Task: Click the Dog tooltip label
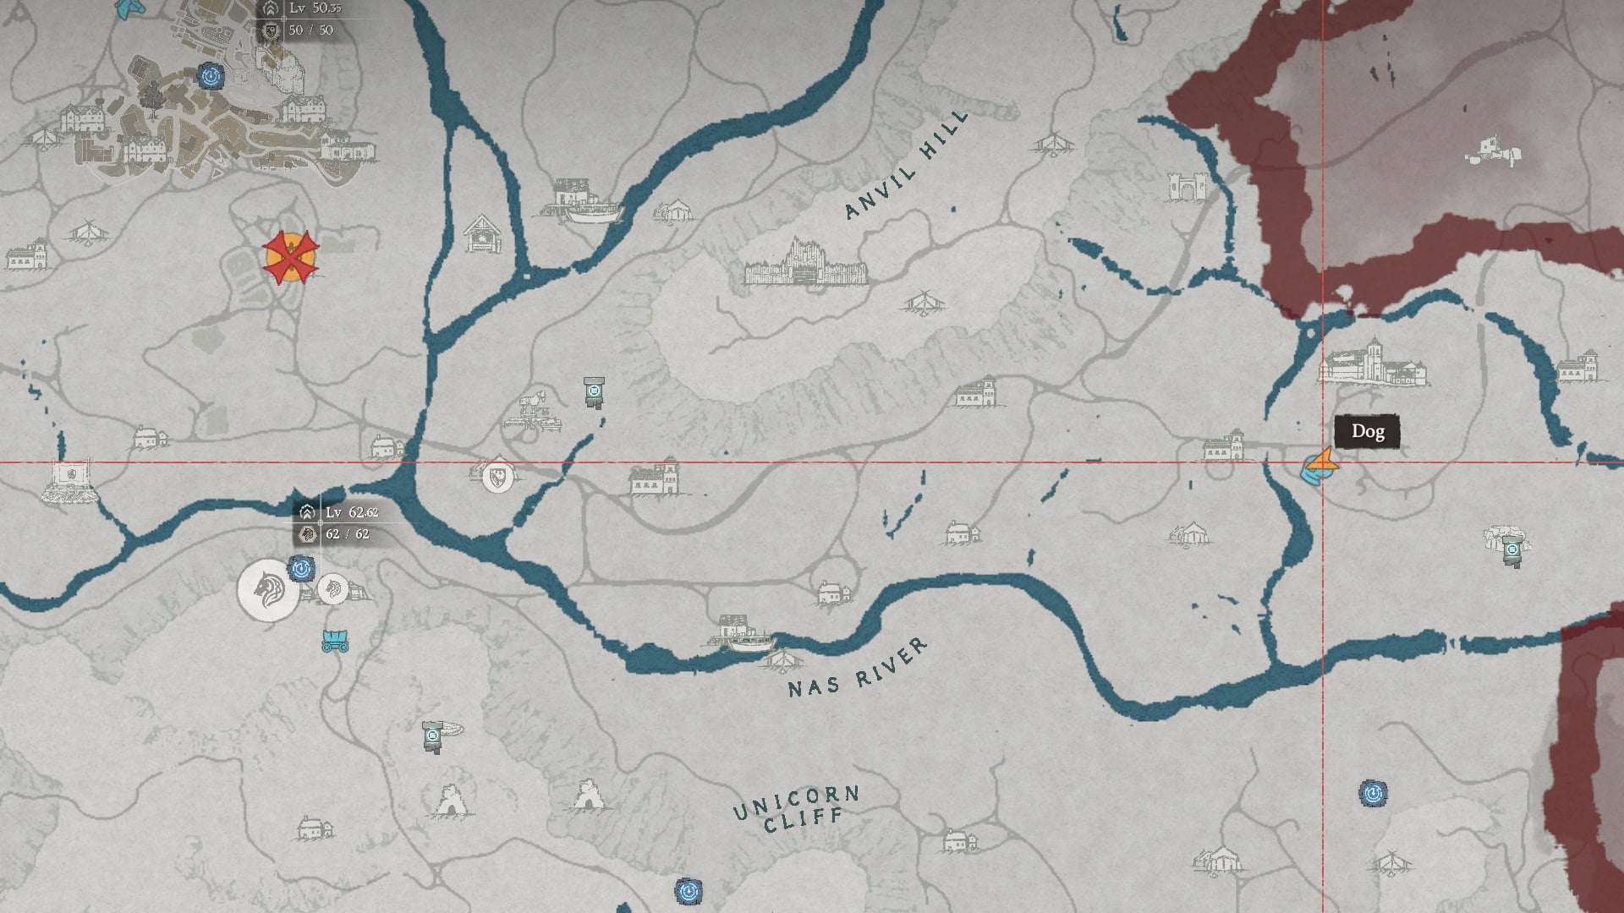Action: tap(1367, 432)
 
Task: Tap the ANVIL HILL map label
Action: tap(906, 165)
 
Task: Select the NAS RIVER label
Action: tap(857, 669)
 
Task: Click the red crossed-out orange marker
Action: tap(290, 257)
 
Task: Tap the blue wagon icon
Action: tap(336, 641)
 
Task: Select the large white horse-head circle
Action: tap(268, 589)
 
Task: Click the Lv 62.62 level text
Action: tap(351, 512)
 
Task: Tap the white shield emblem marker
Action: tap(497, 477)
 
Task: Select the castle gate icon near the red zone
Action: tap(1185, 187)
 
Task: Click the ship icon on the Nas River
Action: tap(752, 642)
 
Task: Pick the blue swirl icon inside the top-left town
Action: tap(211, 76)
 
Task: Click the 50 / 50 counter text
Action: tap(310, 30)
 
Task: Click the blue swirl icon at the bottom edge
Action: tap(688, 890)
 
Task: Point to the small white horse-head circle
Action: tap(332, 588)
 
